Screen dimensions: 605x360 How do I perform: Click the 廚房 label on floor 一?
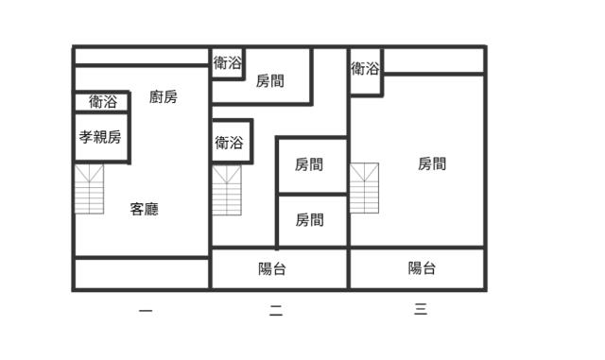click(164, 96)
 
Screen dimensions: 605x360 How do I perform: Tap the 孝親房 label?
click(100, 137)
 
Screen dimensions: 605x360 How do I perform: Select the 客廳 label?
click(144, 209)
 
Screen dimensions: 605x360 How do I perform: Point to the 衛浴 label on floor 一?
click(103, 101)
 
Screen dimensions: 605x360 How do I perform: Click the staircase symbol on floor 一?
click(89, 189)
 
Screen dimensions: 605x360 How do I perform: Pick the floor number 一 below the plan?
click(145, 309)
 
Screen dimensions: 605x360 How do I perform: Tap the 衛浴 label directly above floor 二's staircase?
click(229, 143)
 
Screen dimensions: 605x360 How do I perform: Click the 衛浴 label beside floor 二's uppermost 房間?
click(227, 63)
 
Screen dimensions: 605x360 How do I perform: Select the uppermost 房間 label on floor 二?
click(270, 81)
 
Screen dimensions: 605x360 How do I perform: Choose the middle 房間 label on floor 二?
click(309, 164)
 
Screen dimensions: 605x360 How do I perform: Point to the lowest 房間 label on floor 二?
click(309, 220)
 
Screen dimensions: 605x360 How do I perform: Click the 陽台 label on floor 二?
click(272, 268)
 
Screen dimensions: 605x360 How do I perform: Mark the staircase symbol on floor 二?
click(227, 191)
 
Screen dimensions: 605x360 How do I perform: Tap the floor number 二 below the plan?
click(276, 309)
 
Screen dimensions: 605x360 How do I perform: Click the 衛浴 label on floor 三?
click(365, 68)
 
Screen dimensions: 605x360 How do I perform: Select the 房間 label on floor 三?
click(432, 163)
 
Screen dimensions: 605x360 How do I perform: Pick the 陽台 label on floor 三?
click(422, 268)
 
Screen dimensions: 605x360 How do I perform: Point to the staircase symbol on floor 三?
click(364, 188)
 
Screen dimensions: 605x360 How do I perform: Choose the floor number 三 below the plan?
click(421, 308)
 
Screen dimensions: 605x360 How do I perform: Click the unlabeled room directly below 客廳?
click(142, 273)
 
